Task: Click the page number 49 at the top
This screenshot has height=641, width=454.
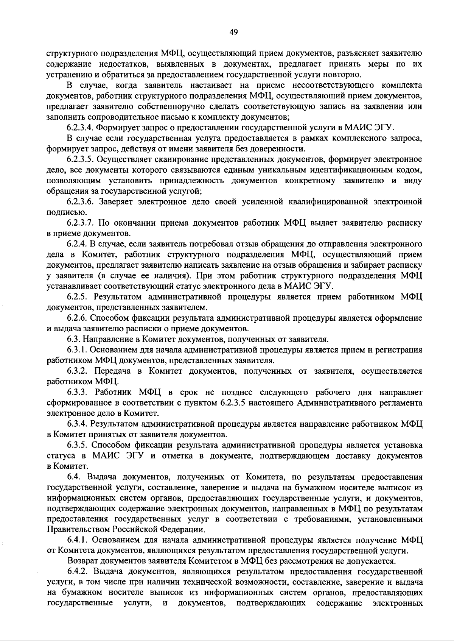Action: [x=233, y=33]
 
